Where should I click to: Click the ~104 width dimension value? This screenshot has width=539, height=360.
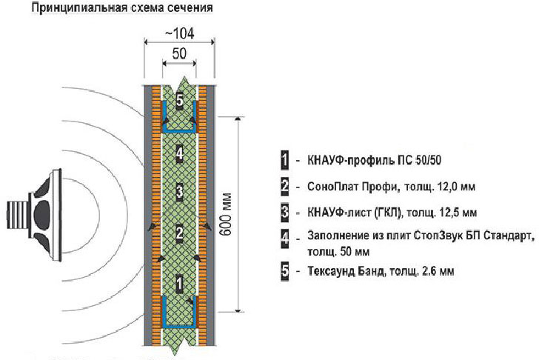(180, 33)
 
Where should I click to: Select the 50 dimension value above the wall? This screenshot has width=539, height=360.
(179, 53)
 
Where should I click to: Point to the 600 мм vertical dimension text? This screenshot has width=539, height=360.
(226, 215)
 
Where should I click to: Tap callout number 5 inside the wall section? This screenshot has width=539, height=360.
(179, 101)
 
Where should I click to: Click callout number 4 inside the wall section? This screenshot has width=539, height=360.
(179, 153)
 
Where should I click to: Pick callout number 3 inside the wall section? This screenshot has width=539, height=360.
(179, 191)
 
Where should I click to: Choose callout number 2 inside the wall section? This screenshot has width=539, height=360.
(179, 233)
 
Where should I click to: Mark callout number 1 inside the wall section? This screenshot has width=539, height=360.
(179, 284)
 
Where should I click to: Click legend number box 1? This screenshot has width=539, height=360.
(284, 160)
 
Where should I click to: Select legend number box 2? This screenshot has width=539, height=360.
(284, 187)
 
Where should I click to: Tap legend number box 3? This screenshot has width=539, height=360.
(284, 212)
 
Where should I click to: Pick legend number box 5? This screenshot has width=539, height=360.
(284, 271)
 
